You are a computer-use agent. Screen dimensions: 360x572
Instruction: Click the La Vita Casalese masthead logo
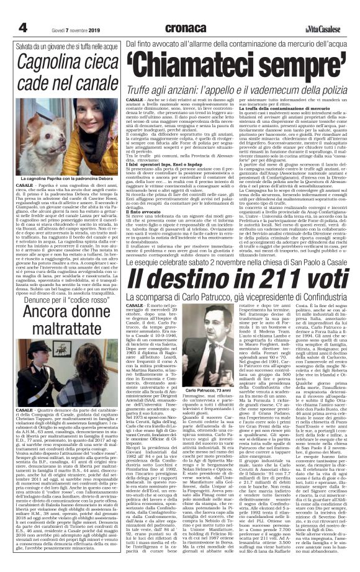coord(322,29)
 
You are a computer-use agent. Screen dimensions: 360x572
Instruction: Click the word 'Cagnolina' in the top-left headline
coord(57,63)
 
